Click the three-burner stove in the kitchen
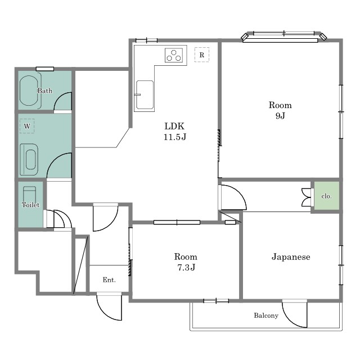(174, 55)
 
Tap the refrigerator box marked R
(202, 55)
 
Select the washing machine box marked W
(27, 126)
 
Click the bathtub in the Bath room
(29, 91)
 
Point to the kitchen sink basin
(145, 95)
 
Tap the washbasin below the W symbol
(29, 160)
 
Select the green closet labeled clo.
(326, 196)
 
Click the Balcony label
(266, 316)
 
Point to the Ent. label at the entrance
(109, 280)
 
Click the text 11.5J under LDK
(175, 137)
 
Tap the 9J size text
(280, 116)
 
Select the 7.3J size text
(186, 267)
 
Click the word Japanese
(291, 256)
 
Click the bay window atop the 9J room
(283, 37)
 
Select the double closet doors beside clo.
(306, 197)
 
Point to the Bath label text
(45, 91)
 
